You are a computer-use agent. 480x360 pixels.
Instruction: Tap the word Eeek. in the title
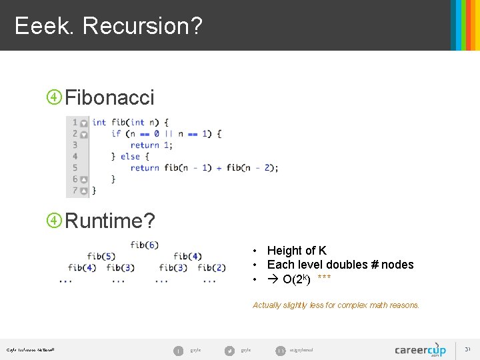click(x=45, y=26)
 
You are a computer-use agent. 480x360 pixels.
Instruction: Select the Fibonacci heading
click(x=109, y=97)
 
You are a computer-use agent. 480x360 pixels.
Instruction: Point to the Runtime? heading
click(x=109, y=220)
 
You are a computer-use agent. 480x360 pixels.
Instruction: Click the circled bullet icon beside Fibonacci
click(x=53, y=97)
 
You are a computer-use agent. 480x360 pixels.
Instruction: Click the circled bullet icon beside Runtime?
click(x=53, y=220)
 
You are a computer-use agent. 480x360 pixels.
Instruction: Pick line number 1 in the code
click(x=75, y=122)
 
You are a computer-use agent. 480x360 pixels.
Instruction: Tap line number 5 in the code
click(x=75, y=167)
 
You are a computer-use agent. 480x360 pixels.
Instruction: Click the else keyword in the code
click(x=130, y=156)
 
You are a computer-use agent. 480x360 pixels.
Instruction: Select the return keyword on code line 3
click(x=145, y=145)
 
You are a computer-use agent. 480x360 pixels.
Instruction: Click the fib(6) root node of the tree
click(x=144, y=245)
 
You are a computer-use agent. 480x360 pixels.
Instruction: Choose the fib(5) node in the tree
click(x=101, y=256)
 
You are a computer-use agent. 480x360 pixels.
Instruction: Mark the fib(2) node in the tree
click(x=211, y=267)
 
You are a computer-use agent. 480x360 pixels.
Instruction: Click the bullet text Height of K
click(x=297, y=251)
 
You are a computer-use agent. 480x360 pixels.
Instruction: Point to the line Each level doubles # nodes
click(x=340, y=265)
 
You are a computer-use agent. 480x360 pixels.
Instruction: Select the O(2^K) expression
click(x=296, y=279)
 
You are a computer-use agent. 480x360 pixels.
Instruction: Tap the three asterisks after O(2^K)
click(x=324, y=277)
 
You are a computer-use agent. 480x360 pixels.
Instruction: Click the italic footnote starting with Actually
click(x=336, y=305)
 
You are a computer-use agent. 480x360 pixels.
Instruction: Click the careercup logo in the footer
click(x=420, y=349)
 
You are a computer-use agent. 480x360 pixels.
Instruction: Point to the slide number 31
click(x=467, y=349)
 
